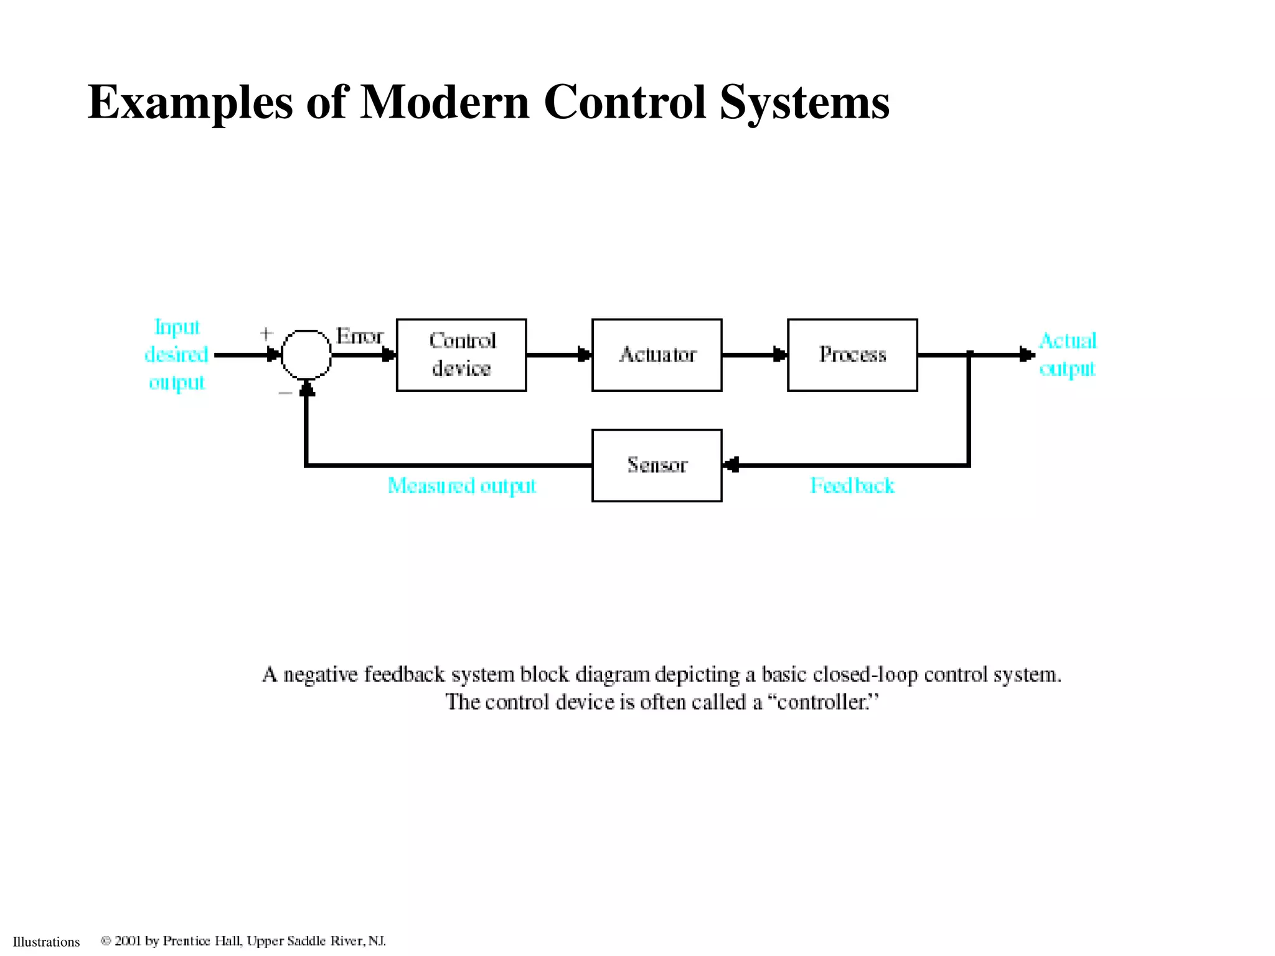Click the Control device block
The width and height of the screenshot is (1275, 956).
pyautogui.click(x=461, y=355)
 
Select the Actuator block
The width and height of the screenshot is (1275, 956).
pyautogui.click(x=657, y=355)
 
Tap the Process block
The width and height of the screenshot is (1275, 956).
pyautogui.click(x=852, y=355)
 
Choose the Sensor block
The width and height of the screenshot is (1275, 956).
pyautogui.click(x=657, y=465)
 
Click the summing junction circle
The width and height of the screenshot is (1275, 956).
pyautogui.click(x=306, y=354)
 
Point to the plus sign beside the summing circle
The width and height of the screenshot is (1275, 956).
pyautogui.click(x=266, y=334)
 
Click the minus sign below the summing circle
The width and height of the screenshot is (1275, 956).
pyautogui.click(x=285, y=393)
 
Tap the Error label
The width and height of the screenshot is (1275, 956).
pyautogui.click(x=360, y=336)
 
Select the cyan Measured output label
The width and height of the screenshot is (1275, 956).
pyautogui.click(x=461, y=485)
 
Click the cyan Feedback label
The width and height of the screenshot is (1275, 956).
pyautogui.click(x=852, y=485)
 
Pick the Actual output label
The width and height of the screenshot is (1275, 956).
pyautogui.click(x=1068, y=355)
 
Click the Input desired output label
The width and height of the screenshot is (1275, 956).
pyautogui.click(x=177, y=355)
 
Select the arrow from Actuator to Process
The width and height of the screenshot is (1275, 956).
pyautogui.click(x=755, y=355)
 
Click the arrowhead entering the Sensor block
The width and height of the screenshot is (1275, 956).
pyautogui.click(x=732, y=465)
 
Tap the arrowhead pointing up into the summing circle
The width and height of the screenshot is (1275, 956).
pyautogui.click(x=306, y=388)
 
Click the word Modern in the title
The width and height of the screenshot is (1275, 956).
pyautogui.click(x=445, y=101)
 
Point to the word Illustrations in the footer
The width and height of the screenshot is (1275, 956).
pyautogui.click(x=47, y=942)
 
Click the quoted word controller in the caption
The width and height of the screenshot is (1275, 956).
pyautogui.click(x=822, y=702)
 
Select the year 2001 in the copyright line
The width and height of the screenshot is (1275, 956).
pyautogui.click(x=128, y=940)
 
